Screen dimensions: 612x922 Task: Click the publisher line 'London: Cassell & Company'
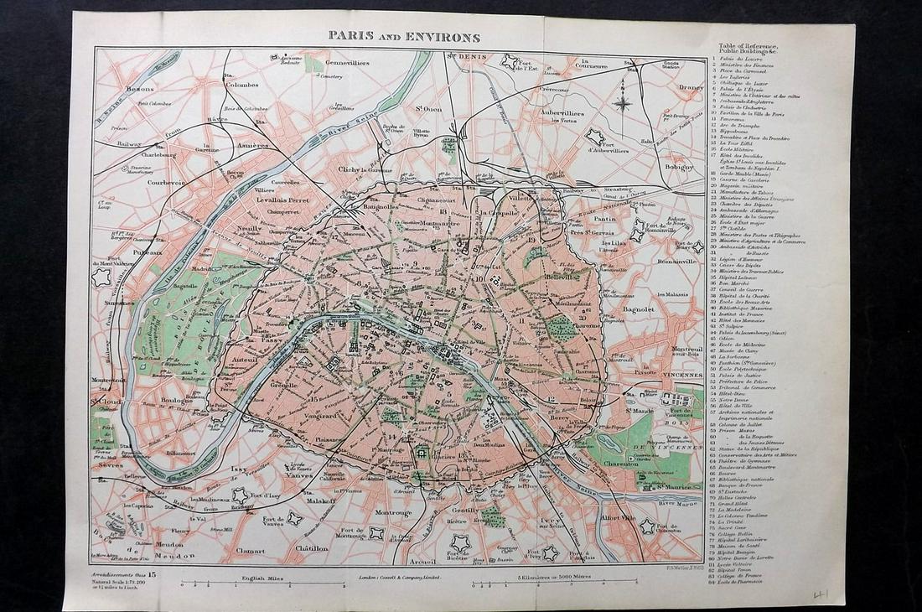(x=400, y=578)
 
